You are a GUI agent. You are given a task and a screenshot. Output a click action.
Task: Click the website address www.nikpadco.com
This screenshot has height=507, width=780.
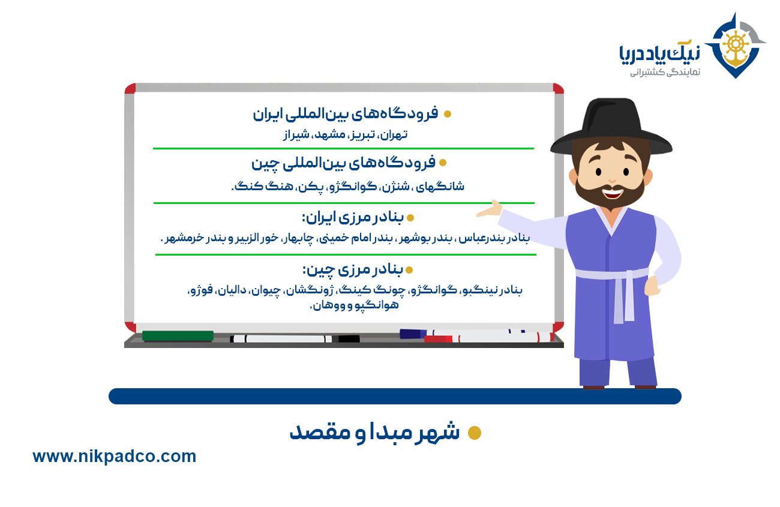click(114, 457)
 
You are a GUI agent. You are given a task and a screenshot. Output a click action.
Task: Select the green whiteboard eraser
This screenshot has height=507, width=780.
click(178, 336)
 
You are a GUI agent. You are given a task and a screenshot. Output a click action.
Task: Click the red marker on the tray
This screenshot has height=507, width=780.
click(439, 339)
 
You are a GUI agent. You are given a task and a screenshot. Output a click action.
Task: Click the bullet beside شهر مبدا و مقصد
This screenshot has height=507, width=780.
click(475, 433)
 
